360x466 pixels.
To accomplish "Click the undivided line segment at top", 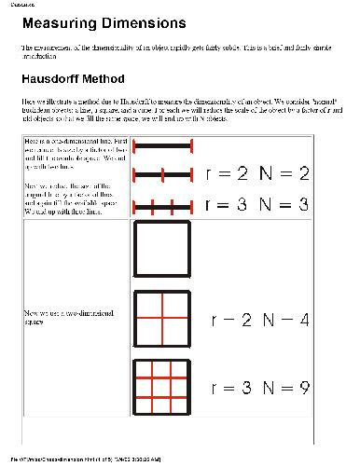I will coord(163,145).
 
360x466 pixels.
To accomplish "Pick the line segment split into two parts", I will coord(163,174).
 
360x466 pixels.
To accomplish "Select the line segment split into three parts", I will coord(163,207).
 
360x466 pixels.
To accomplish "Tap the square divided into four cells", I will coord(163,320).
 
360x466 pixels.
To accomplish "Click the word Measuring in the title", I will coord(64,22).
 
